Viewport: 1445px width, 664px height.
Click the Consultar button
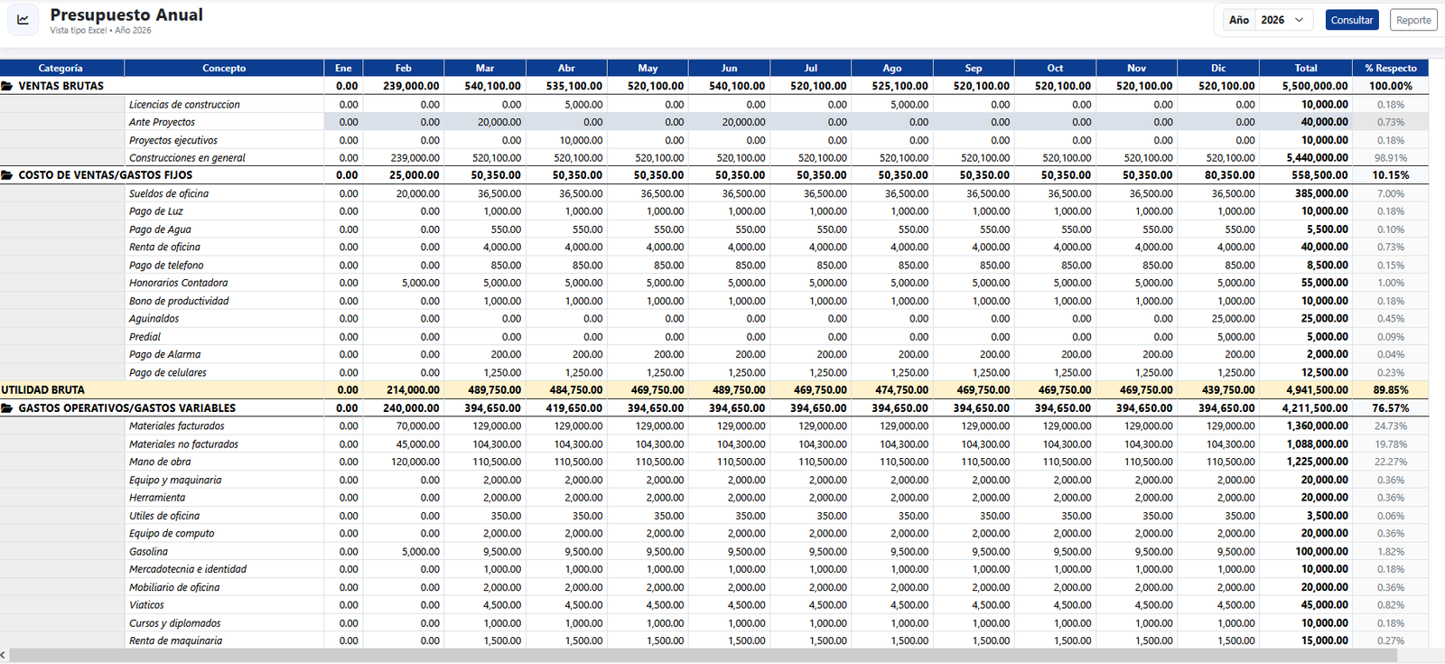[x=1351, y=20]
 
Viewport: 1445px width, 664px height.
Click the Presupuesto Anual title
[x=126, y=14]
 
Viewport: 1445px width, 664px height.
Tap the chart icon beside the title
[x=23, y=19]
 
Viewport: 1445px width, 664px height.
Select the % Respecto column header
[x=1390, y=68]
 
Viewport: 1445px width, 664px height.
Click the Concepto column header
[x=224, y=68]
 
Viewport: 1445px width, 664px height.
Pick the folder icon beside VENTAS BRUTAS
[x=7, y=86]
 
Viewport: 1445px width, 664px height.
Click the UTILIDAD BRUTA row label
[x=42, y=389]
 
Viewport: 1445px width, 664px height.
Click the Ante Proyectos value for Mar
[x=499, y=122]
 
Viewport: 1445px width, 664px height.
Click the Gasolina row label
[x=148, y=552]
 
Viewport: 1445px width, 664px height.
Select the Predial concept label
[x=144, y=337]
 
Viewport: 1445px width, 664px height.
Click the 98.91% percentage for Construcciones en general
[x=1390, y=158]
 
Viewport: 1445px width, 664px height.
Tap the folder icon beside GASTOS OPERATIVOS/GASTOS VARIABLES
[x=7, y=407]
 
